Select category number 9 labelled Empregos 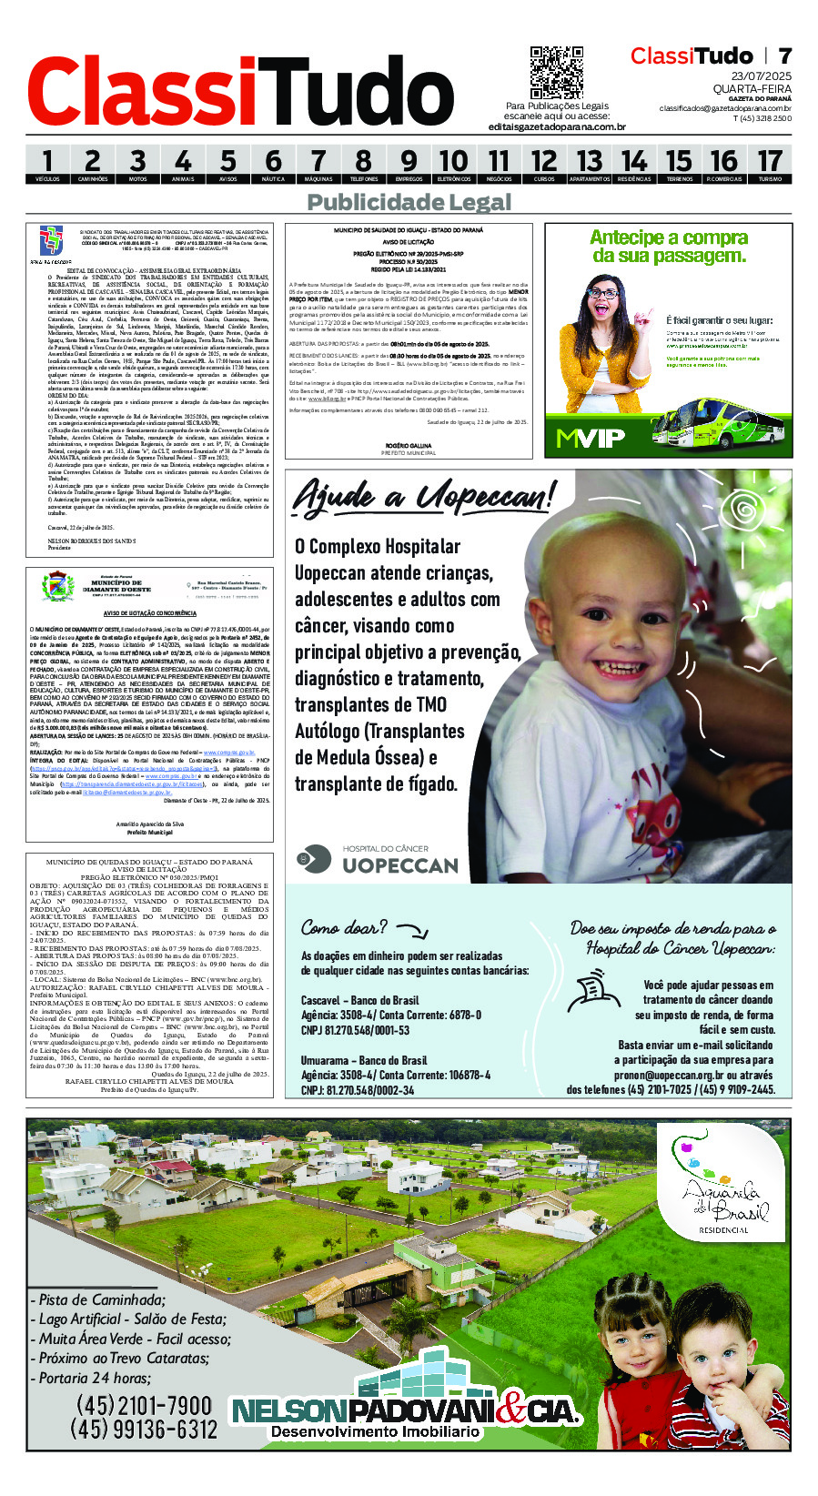tap(409, 165)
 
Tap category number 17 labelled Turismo tap(770, 165)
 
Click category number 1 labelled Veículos tap(47, 165)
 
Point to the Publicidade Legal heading tap(409, 202)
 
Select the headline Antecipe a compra tap(669, 238)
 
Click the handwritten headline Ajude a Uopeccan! tap(422, 497)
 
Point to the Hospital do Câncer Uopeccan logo tap(378, 859)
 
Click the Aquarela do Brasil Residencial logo tap(724, 1182)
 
